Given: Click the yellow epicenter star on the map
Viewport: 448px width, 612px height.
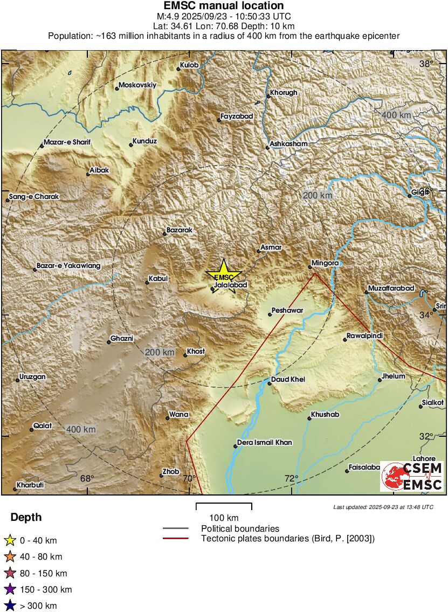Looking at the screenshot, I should click(223, 276).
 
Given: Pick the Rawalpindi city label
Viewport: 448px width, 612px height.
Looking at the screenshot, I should click(364, 336).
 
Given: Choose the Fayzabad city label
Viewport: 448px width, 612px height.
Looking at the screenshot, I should click(236, 116).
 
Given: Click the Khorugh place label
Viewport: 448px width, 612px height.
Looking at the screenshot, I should click(283, 93).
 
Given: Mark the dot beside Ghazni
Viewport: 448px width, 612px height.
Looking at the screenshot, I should click(109, 342).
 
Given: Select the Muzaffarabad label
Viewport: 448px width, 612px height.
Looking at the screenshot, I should click(391, 288).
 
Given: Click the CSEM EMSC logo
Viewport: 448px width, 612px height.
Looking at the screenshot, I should click(412, 476).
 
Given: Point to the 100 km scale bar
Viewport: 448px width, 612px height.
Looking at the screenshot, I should click(224, 507).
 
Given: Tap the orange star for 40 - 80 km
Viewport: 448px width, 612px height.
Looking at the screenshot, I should click(9, 557).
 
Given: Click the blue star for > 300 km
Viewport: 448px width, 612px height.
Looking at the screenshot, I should click(9, 606).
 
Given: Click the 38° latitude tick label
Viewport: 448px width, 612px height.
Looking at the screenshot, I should click(426, 64).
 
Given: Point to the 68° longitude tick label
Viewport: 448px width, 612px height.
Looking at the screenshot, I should click(87, 478).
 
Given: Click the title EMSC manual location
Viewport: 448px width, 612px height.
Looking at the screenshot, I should click(223, 6).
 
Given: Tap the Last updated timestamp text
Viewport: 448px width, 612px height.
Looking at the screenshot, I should click(383, 507).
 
